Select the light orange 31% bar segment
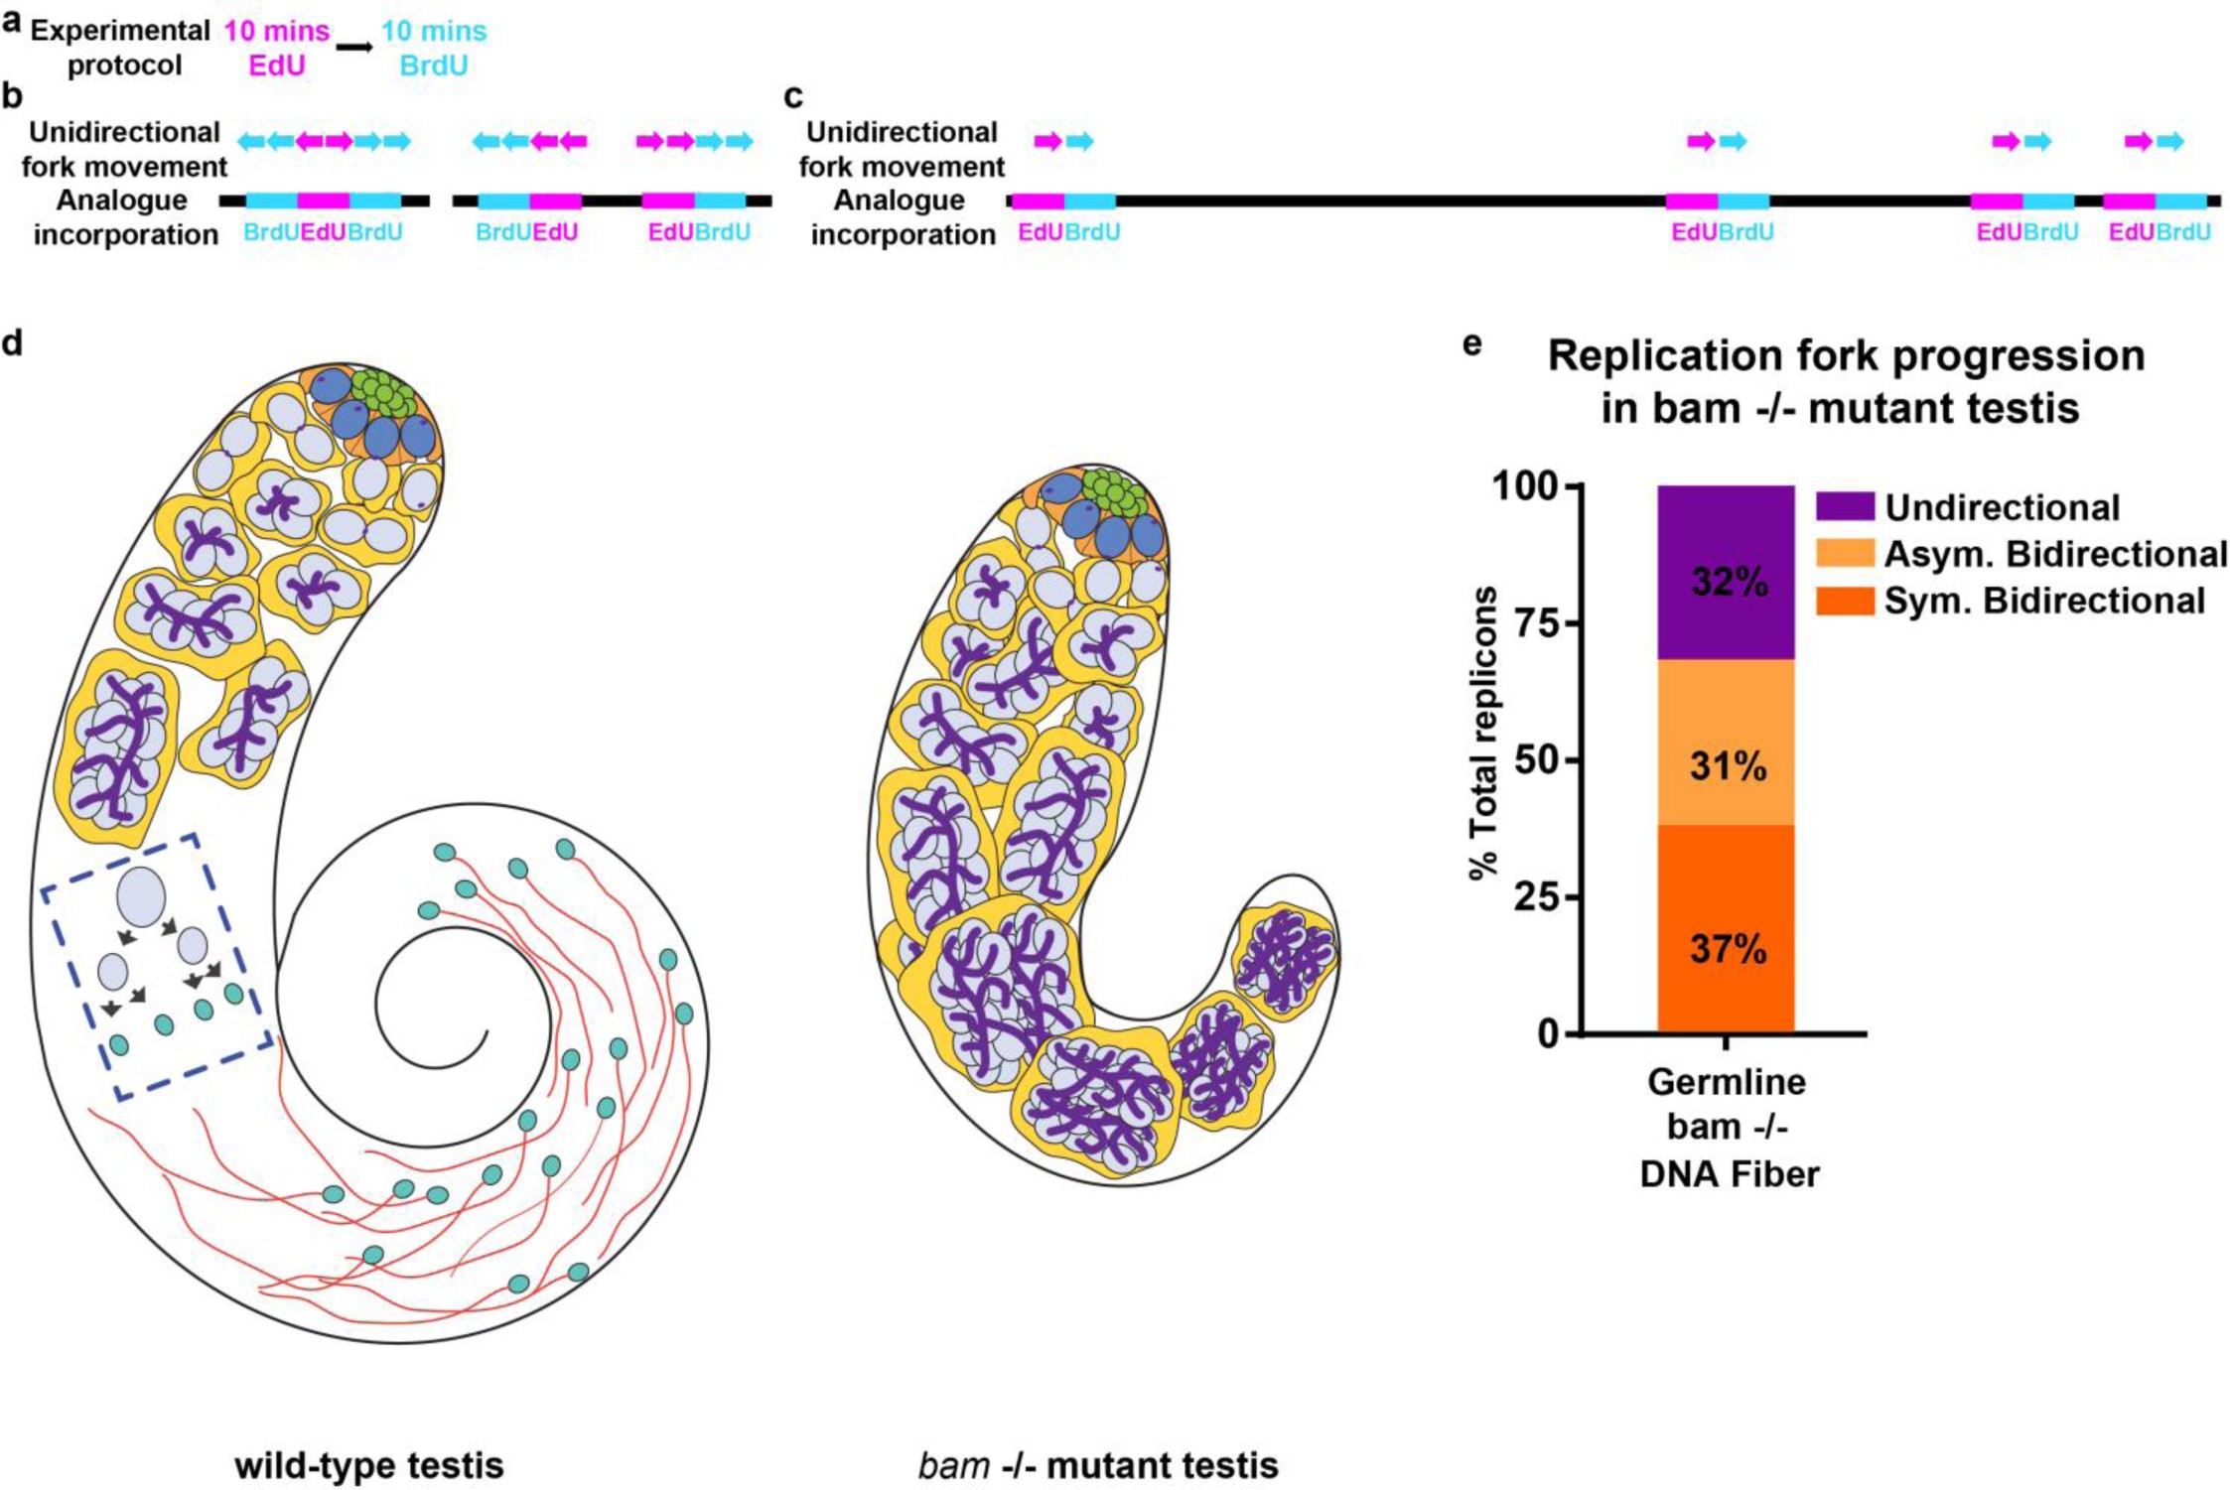[1726, 743]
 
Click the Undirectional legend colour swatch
[1845, 507]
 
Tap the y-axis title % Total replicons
[1483, 734]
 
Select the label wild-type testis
[369, 1465]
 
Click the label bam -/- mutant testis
[1098, 1465]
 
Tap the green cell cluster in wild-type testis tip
[383, 394]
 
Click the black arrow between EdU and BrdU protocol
[354, 47]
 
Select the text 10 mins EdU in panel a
[276, 48]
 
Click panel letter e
[1472, 343]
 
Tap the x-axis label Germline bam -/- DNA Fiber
[1728, 1127]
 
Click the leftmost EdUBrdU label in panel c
[1069, 232]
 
